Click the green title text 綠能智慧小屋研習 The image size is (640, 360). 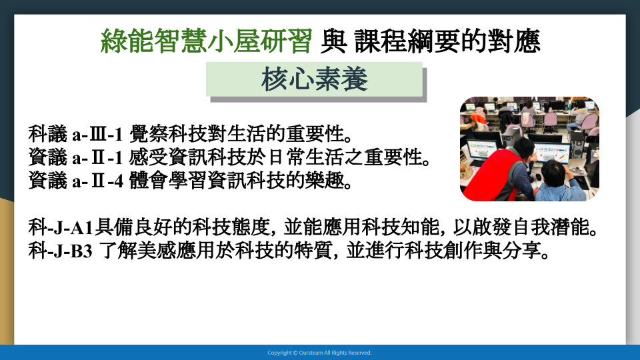click(x=206, y=41)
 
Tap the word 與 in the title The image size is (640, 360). click(x=333, y=41)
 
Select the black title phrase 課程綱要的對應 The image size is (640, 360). click(x=447, y=41)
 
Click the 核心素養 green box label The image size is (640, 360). click(x=314, y=79)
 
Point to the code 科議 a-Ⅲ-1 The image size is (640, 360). click(x=75, y=134)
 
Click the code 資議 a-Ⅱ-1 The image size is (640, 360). click(x=75, y=157)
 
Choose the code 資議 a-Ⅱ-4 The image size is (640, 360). click(x=75, y=181)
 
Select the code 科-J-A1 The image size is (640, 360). click(x=61, y=227)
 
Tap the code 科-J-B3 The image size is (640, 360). click(x=61, y=251)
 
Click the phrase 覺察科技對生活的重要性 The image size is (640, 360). click(x=237, y=134)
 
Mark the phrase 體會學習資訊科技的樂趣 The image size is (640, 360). click(x=237, y=181)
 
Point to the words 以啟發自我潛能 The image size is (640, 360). click(x=521, y=227)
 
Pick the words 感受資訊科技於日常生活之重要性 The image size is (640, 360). click(x=276, y=157)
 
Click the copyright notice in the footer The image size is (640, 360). click(x=319, y=353)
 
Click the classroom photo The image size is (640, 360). click(x=529, y=149)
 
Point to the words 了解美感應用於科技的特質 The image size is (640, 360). click(x=215, y=251)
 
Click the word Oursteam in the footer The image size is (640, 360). click(x=311, y=353)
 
